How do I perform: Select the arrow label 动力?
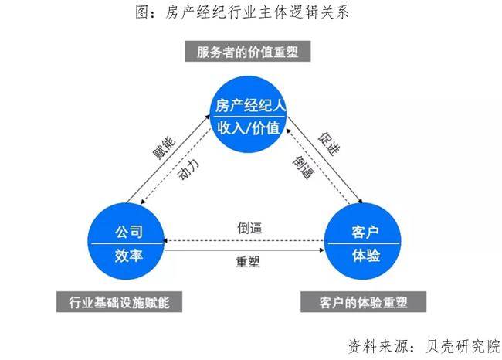[188, 168]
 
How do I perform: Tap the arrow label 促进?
[326, 144]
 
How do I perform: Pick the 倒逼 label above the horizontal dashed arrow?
[249, 228]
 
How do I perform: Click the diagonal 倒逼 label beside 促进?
[302, 168]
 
